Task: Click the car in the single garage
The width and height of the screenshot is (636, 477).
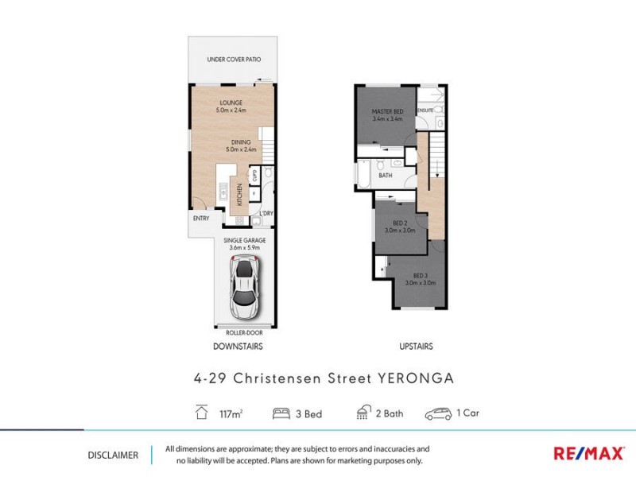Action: pos(245,286)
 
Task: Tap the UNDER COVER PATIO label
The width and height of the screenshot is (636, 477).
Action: pos(234,60)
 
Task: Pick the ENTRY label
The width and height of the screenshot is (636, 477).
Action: pos(201,219)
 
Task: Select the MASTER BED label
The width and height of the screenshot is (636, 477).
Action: pos(388,111)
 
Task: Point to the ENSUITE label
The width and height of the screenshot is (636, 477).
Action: pos(426,111)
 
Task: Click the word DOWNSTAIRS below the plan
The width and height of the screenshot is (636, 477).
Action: pos(238,347)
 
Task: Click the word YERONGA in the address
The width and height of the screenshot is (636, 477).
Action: pos(413,378)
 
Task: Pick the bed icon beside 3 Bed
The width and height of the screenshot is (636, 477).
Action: pos(281,413)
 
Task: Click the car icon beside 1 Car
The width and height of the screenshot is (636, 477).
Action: pos(439,413)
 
